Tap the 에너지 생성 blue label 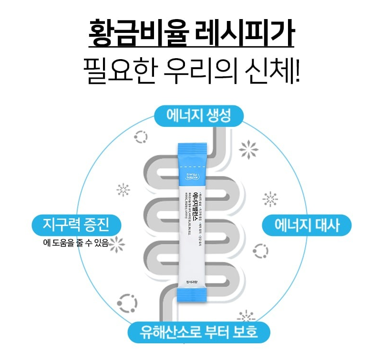pyautogui.click(x=199, y=116)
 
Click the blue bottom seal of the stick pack pyautogui.click(x=193, y=296)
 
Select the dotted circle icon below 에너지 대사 pyautogui.click(x=260, y=250)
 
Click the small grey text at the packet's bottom pyautogui.click(x=193, y=280)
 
